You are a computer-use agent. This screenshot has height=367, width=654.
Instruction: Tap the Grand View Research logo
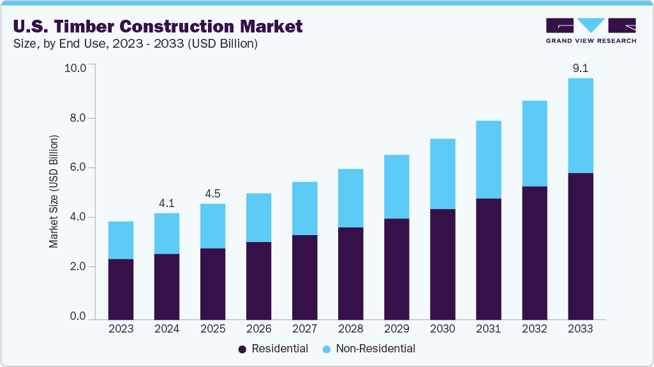tap(590, 30)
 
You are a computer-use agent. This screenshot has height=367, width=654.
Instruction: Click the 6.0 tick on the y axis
tap(78, 168)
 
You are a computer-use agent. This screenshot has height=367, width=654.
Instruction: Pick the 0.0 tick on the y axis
tap(78, 317)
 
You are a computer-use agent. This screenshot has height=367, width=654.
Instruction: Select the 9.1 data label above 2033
tap(580, 68)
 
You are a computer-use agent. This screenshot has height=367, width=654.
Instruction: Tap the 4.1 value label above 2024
tap(167, 203)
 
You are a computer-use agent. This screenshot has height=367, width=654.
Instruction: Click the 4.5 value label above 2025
tap(212, 194)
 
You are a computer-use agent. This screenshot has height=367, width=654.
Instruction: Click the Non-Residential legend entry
tap(368, 349)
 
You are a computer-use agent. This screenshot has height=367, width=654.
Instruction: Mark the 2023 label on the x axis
tap(121, 329)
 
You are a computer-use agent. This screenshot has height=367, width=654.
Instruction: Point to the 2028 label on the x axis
tap(350, 329)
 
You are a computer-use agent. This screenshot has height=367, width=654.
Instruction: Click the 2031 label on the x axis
tap(488, 329)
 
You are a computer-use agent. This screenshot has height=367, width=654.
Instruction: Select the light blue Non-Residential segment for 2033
tap(580, 126)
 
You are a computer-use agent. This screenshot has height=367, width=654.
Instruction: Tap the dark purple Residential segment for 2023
tap(121, 289)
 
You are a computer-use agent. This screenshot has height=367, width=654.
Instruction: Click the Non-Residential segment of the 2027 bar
tap(304, 208)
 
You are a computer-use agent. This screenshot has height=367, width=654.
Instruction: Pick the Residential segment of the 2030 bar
tap(442, 264)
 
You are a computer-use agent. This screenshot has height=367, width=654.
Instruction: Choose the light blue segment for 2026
tap(258, 217)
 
